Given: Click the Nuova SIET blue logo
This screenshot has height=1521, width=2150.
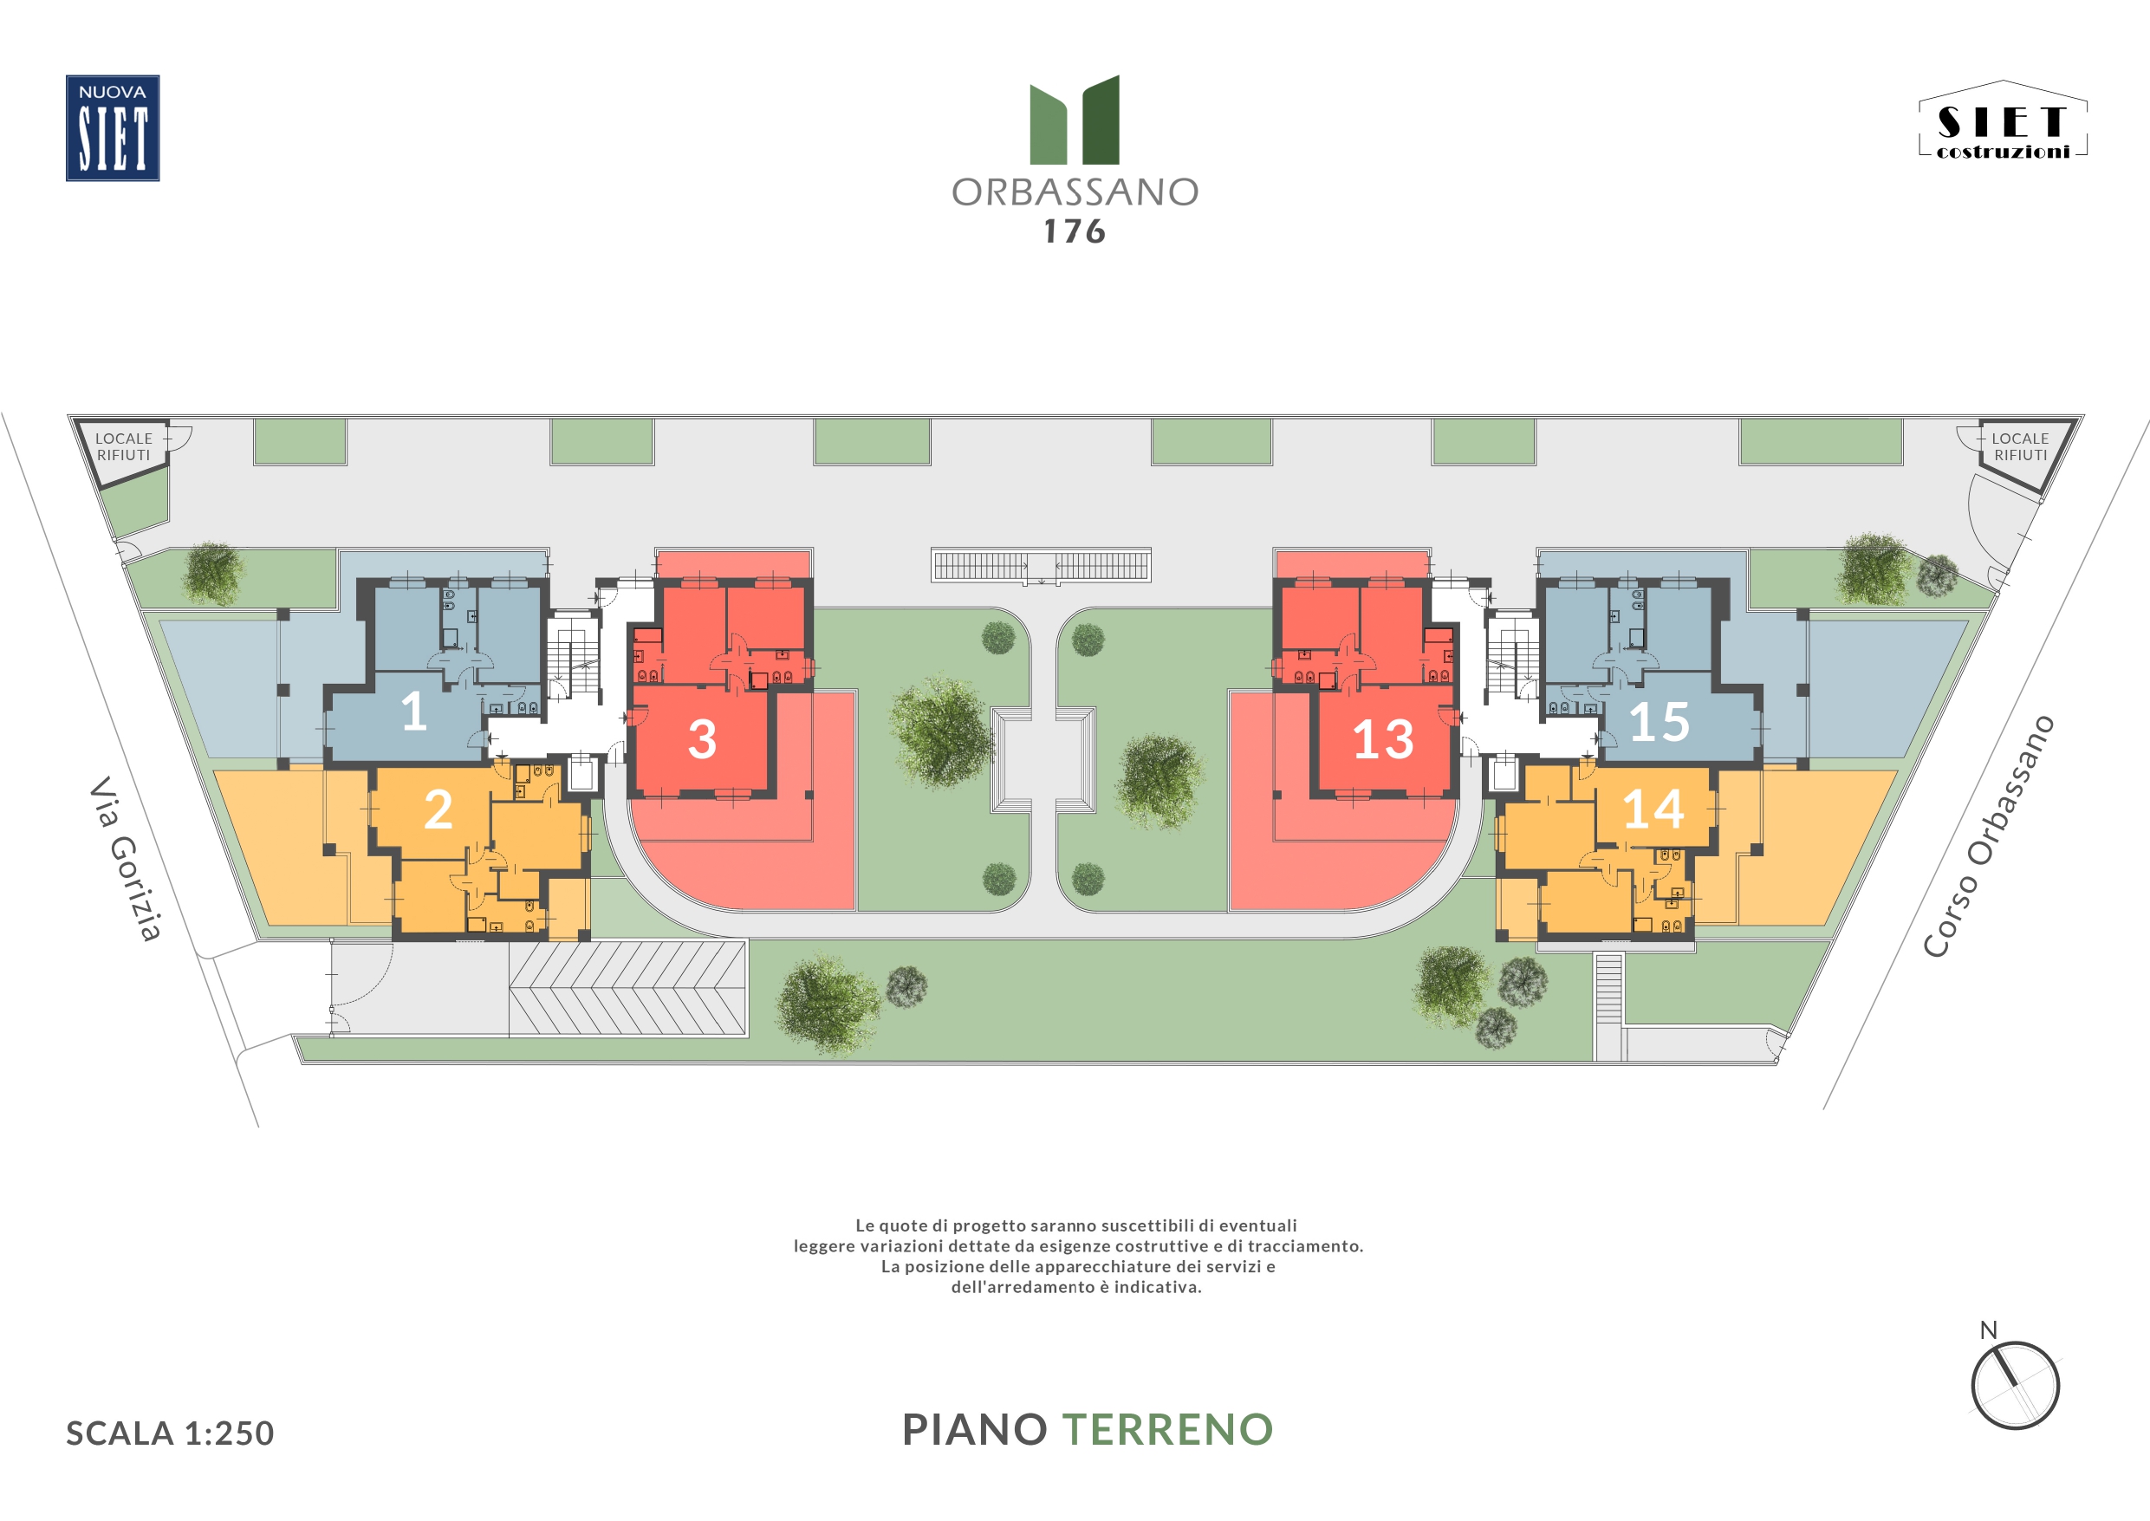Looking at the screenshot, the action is point(113,128).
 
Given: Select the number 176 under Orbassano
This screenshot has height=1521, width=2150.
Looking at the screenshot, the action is point(1075,232).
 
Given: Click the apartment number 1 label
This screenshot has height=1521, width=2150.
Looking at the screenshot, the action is point(414,712).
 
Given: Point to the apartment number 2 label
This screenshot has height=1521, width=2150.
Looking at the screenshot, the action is point(438,809).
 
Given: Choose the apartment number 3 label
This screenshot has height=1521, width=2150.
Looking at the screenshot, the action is point(702,739).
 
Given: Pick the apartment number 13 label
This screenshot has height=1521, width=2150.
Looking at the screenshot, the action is point(1383,739).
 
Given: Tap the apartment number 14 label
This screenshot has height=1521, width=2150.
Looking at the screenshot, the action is point(1653,809).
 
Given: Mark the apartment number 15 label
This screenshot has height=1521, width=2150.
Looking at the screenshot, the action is point(1660,722).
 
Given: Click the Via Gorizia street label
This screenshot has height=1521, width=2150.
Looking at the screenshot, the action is point(126,858).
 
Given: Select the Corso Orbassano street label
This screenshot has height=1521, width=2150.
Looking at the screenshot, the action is point(1988,836).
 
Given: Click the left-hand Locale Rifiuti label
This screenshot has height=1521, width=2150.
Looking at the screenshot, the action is point(124,446).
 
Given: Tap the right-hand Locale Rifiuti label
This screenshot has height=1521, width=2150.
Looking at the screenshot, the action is point(2020,446).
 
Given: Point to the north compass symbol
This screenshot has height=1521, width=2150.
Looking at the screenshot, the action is point(2015,1381).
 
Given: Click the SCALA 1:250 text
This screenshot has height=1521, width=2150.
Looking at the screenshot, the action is point(170,1433).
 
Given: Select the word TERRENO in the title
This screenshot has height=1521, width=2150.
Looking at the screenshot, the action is point(1167,1429).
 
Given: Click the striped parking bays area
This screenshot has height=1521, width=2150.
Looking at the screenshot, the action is point(627,989).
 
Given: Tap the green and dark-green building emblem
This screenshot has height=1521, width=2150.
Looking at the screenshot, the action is point(1075,120).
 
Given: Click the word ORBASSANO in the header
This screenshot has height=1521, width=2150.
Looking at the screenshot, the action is point(1075,192).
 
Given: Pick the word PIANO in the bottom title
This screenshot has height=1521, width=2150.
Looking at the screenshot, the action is point(975,1429).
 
